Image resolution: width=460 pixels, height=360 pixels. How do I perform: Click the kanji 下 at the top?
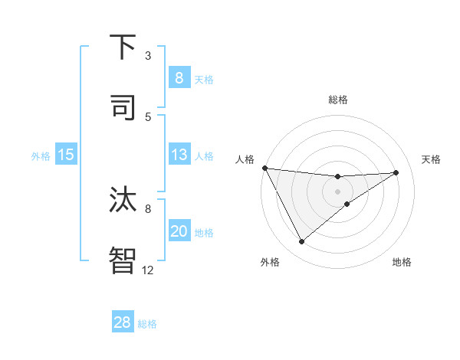tap(123, 48)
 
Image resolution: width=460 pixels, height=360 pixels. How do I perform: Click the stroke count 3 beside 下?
tap(148, 55)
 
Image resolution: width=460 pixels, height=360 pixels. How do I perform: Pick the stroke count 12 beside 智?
tap(148, 269)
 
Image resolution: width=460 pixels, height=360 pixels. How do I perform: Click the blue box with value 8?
tap(179, 78)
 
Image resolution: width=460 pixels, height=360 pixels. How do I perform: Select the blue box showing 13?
tap(179, 155)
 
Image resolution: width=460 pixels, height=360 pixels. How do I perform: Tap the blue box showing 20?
tap(179, 231)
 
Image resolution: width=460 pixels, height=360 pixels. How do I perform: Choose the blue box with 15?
tap(66, 155)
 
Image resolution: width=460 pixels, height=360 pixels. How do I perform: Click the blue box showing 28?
tap(123, 322)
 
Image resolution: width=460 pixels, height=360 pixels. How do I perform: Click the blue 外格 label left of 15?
tap(41, 156)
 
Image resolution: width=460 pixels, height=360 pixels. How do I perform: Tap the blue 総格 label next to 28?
tap(147, 324)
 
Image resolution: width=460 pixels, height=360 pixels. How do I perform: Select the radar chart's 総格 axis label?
tap(337, 100)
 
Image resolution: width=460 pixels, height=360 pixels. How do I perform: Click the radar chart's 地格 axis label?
tap(402, 262)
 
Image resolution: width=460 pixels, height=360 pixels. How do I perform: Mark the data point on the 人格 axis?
tap(264, 168)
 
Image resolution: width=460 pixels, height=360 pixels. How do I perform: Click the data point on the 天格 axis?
tap(396, 172)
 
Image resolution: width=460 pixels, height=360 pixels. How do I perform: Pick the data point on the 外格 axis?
tap(301, 242)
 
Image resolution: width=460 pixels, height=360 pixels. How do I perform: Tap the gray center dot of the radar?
tap(337, 191)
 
